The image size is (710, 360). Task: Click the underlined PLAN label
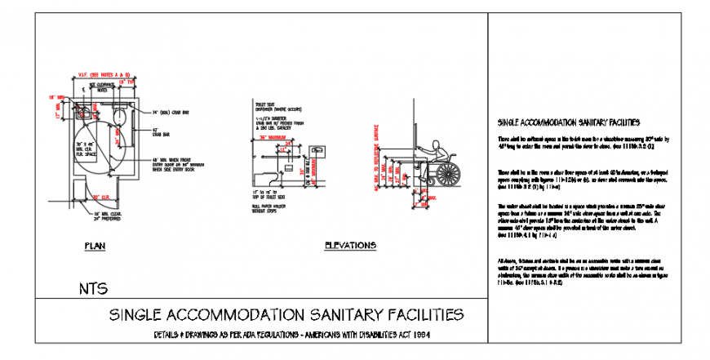[95, 245]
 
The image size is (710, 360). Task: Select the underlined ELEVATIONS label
[350, 245]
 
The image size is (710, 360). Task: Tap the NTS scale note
[93, 288]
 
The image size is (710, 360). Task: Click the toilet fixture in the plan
[119, 114]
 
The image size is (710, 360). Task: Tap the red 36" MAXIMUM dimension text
[276, 138]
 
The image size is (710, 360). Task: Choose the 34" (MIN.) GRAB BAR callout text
[170, 111]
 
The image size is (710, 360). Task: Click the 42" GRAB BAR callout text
[160, 132]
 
